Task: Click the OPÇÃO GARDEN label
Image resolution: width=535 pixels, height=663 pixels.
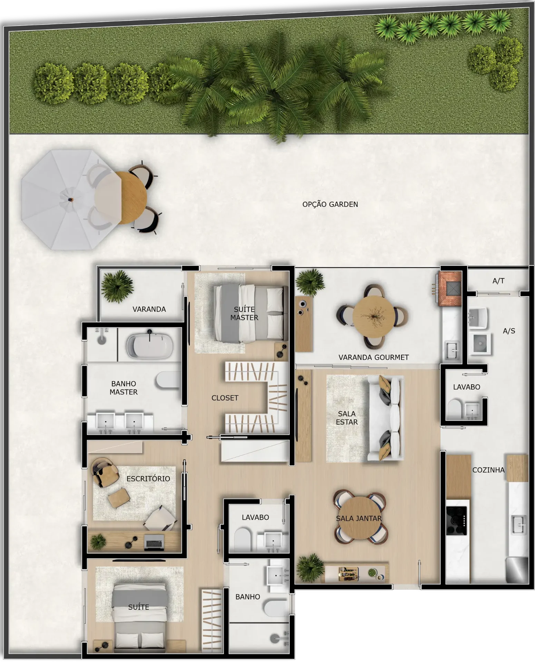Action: point(330,204)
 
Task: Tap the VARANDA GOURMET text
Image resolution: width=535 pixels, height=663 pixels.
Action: point(373,357)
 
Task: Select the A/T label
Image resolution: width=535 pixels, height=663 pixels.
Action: point(498,281)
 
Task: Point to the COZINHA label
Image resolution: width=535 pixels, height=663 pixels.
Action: point(488,470)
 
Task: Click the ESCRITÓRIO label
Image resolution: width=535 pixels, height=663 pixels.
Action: point(148,478)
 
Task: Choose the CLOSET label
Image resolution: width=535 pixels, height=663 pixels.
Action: point(225,398)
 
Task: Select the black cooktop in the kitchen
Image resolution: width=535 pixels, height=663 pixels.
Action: point(456,521)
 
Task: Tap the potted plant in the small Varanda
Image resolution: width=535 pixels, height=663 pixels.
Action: point(117,287)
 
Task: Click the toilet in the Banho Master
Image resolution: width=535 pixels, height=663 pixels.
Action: point(168,381)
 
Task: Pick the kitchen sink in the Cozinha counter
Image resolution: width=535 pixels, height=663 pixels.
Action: point(519,525)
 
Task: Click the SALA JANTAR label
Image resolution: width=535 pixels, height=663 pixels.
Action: point(359,518)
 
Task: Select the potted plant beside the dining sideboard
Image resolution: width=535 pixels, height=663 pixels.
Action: point(310,568)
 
